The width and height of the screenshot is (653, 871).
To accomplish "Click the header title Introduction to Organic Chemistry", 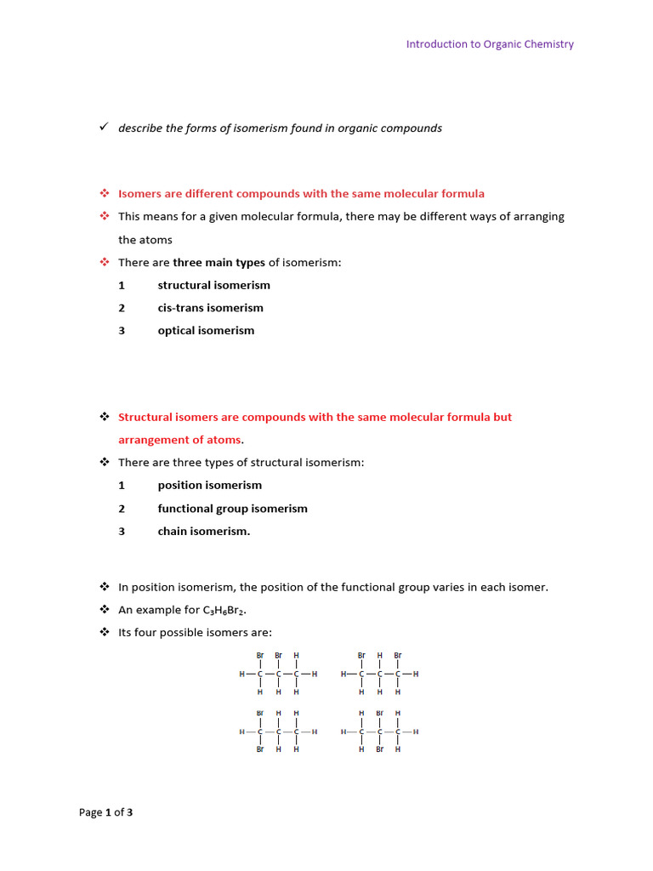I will point(490,44).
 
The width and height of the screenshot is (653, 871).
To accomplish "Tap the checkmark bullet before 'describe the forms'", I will point(103,128).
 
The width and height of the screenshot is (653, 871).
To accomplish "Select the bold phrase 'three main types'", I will point(219,263).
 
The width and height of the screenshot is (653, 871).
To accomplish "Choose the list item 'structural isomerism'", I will point(213,286).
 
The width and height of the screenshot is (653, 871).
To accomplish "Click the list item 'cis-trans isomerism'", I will point(210,308).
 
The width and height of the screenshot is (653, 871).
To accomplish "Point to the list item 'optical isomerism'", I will point(206,331).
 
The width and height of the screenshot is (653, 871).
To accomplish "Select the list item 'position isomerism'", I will point(209,486).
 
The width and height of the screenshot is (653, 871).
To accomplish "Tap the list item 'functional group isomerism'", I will point(232,509).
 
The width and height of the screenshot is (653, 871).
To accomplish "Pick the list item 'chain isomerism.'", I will point(204,532).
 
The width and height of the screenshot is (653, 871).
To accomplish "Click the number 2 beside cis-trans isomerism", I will point(122,308).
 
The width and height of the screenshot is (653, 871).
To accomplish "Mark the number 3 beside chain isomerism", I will point(122,532).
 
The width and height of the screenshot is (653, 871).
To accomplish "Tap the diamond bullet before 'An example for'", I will point(105,610).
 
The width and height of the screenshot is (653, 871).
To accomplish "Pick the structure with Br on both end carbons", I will point(379,675).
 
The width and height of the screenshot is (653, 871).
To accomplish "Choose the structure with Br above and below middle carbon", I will point(379,732).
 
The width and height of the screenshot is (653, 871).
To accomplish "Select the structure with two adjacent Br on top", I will point(278,675).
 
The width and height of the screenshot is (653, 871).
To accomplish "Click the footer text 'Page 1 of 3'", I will point(105,812).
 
